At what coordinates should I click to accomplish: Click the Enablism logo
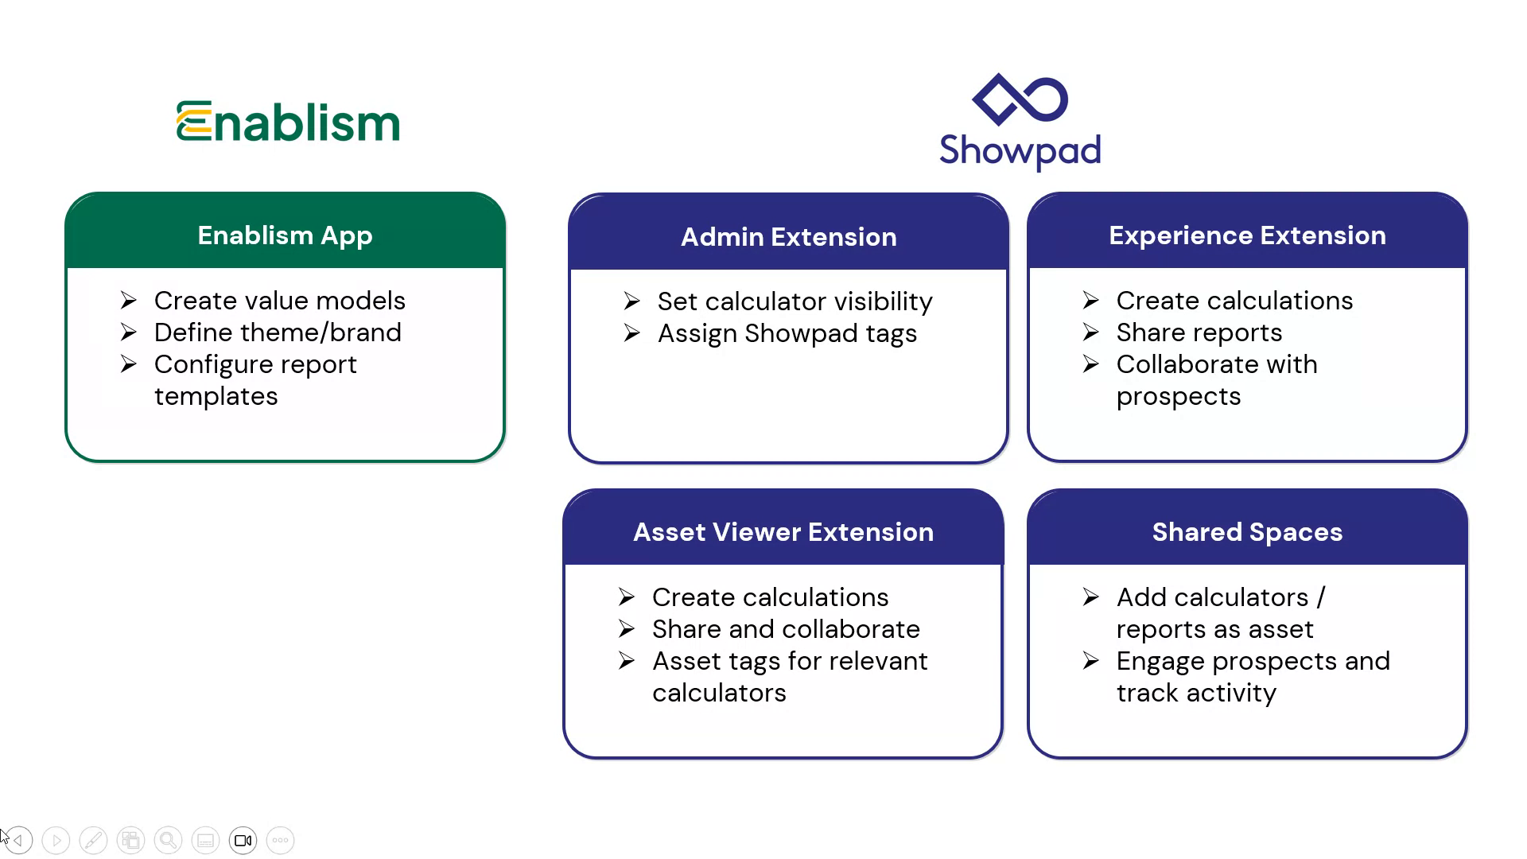point(288,122)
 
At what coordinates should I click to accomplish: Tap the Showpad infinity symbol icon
point(1020,99)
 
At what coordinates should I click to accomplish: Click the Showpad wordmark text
point(1020,151)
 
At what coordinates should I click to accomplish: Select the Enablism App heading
point(285,235)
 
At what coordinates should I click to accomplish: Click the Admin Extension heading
point(788,237)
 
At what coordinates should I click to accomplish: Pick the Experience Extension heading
point(1247,235)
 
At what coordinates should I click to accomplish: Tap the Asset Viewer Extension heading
point(783,532)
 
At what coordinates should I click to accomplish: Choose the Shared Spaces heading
point(1247,532)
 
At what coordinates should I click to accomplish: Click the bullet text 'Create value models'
point(279,301)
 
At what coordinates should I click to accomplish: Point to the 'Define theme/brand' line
point(278,332)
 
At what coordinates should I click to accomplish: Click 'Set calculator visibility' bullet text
point(795,301)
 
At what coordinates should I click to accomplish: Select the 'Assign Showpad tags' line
point(787,333)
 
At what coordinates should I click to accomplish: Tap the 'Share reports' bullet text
point(1199,332)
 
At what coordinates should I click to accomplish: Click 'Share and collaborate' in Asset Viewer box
point(786,629)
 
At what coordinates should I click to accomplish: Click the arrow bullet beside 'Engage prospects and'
point(1090,661)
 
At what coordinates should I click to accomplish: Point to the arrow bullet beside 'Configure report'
point(129,364)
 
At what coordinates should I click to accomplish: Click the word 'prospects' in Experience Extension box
point(1178,396)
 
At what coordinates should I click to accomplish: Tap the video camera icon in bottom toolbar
point(243,841)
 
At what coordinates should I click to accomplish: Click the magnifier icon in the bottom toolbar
point(168,841)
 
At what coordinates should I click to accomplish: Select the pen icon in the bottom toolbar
point(93,841)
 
